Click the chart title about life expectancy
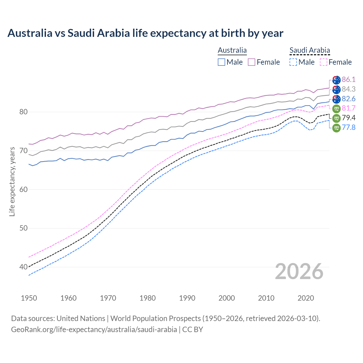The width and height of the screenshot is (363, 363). coord(145,33)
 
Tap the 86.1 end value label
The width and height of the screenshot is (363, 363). coord(349,79)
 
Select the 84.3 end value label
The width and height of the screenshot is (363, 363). coord(349,89)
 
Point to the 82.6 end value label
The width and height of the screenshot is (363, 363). coord(349,99)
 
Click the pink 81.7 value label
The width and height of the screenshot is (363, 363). coord(349,108)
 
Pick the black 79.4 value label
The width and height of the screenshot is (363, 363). coord(349,118)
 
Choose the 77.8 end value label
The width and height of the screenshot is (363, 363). coord(349,127)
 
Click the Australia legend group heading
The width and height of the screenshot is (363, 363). coord(232,50)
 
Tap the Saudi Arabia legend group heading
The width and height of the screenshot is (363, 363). coord(310,50)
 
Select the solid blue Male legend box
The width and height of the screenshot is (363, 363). coord(221,62)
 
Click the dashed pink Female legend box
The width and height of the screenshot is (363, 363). coord(324,62)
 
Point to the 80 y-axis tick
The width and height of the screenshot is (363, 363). coord(23,112)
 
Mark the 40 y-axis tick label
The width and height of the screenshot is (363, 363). coord(23,267)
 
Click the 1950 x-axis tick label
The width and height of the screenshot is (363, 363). coord(29,298)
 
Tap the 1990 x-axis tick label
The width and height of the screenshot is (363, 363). coord(187,298)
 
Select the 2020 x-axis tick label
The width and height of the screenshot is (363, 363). coord(306,298)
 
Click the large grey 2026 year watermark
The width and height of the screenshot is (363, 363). coord(299,272)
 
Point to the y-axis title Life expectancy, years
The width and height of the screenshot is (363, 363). coord(12,181)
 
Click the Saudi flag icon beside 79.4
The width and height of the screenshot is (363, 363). coord(336,118)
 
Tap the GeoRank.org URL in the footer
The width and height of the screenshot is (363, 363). coord(94,330)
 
